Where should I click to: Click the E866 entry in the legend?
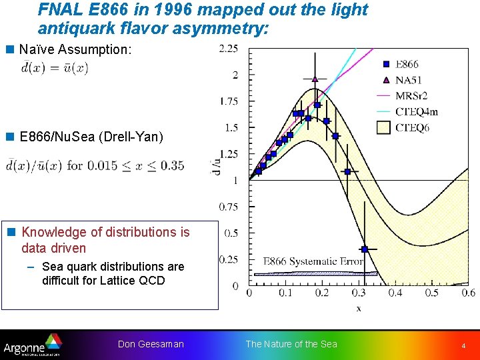click(x=406, y=65)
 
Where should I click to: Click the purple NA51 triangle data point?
click(x=315, y=79)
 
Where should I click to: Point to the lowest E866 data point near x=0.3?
click(x=364, y=249)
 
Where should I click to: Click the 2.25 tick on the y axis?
click(x=229, y=49)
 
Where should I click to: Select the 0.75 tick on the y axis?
click(x=229, y=207)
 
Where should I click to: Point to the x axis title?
click(x=358, y=308)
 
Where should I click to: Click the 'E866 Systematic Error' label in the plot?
click(x=313, y=262)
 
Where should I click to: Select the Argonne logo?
click(x=32, y=344)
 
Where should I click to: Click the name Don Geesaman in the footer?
click(x=151, y=344)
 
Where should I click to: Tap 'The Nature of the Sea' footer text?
click(x=291, y=344)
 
